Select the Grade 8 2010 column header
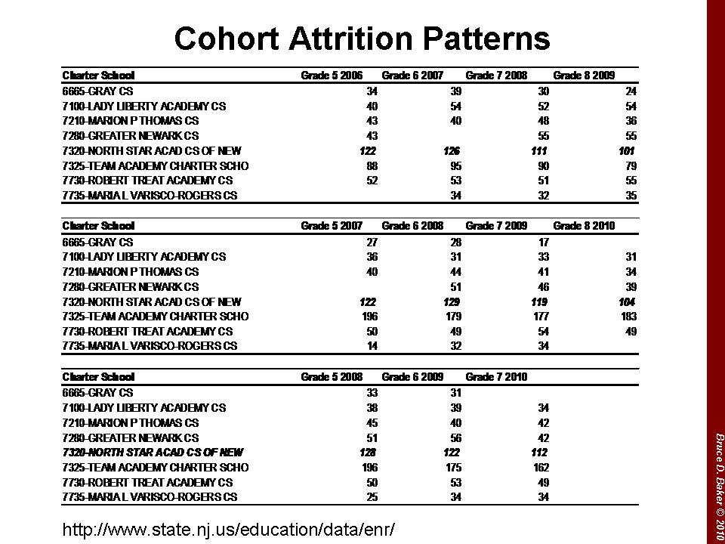pos(584,226)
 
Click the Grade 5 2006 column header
pos(332,76)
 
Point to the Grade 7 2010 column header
pos(496,377)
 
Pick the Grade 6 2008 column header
pos(412,226)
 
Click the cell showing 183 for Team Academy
pos(628,317)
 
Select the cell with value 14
pos(372,346)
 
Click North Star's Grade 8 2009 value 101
pos(626,151)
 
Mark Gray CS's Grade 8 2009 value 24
pos(631,91)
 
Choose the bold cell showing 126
pos(452,151)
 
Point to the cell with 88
pos(372,165)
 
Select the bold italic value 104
pos(626,301)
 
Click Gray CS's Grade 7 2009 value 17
pos(543,243)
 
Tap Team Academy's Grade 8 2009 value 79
pos(631,165)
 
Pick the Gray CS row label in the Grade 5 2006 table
pos(97,91)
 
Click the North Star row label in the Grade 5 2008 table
pos(153,453)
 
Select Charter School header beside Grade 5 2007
pos(98,226)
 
